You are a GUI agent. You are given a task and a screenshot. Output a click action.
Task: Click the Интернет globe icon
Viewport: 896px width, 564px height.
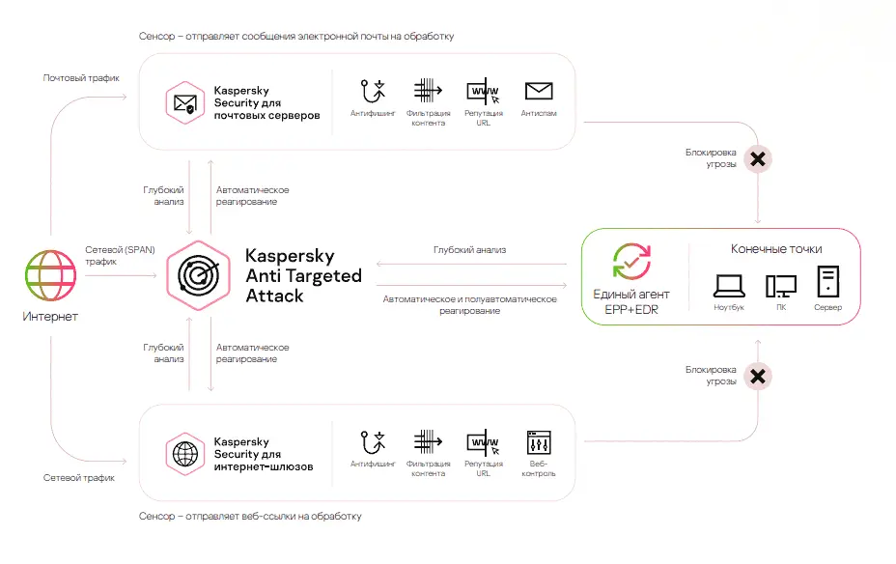(50, 275)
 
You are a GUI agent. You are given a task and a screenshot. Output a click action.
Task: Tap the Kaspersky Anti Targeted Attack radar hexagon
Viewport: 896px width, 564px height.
(198, 275)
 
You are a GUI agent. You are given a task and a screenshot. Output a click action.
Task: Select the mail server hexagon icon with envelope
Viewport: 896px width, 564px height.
(185, 103)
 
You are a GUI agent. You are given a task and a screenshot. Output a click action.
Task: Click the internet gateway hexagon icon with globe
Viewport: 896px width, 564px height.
(185, 454)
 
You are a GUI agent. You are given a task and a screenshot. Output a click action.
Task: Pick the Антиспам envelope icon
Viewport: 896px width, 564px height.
(539, 91)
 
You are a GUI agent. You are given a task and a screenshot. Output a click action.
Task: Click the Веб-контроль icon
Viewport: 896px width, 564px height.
(539, 442)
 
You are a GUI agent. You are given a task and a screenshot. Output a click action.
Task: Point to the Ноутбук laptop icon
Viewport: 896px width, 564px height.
(729, 286)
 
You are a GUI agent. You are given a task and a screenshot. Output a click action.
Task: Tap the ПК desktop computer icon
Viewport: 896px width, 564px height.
(781, 286)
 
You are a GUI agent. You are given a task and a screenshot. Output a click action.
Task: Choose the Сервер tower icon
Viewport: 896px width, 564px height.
(828, 281)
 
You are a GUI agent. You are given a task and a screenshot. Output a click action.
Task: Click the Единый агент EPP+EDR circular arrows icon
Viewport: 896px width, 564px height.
(631, 262)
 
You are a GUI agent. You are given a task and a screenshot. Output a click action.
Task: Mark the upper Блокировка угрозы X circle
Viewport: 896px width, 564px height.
(758, 158)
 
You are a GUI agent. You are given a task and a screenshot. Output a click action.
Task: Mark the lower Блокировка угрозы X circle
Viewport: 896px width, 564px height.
(758, 377)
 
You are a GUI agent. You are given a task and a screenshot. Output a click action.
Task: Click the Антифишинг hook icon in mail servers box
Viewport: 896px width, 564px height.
(373, 92)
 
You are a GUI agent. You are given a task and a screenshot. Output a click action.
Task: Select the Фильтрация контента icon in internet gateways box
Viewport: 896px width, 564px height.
(428, 441)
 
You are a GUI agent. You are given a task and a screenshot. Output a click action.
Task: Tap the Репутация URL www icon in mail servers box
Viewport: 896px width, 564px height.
(484, 92)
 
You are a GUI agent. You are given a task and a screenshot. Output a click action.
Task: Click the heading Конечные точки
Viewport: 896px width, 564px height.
(776, 249)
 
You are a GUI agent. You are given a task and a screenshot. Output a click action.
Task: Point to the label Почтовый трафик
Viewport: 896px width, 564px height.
(81, 77)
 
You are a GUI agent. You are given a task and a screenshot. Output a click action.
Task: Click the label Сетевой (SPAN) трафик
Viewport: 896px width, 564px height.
(120, 255)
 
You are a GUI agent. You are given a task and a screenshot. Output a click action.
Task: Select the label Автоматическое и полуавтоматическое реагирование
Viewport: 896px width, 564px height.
(469, 304)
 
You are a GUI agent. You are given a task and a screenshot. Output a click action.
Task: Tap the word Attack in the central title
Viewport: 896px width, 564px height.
(275, 296)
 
